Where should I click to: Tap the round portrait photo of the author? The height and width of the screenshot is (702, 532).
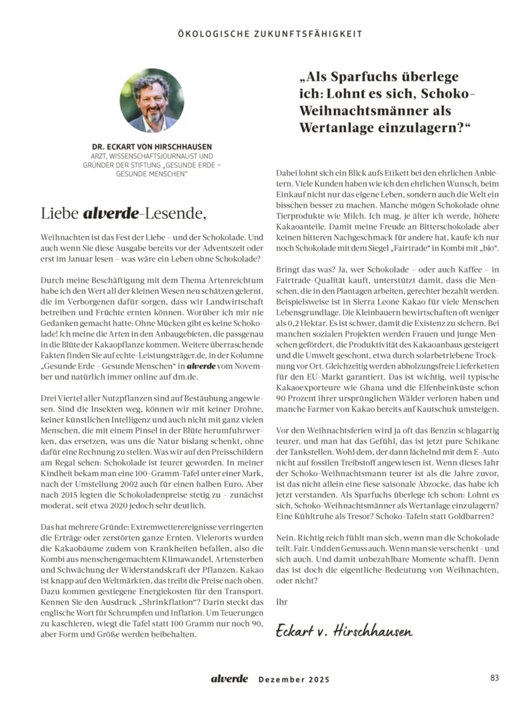(152, 100)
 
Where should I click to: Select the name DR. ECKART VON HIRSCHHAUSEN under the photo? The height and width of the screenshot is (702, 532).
(152, 146)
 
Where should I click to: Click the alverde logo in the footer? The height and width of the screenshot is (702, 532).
(229, 679)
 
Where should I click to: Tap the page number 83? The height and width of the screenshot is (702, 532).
(494, 678)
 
